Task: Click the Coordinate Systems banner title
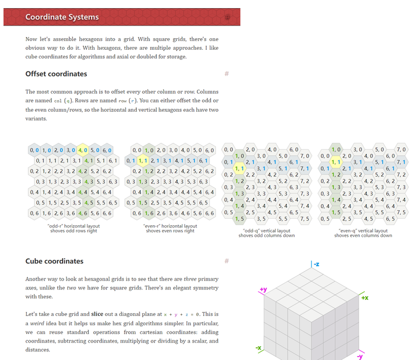coord(62,17)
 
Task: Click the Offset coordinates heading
coord(56,74)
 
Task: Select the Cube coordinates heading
coord(54,261)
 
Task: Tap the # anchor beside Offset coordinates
coord(226,74)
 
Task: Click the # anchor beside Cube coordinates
coord(226,261)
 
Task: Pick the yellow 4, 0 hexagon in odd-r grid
coord(83,150)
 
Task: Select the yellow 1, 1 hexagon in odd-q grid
coord(239,168)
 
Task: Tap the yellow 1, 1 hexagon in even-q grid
coord(336,162)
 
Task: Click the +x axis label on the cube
coord(364,297)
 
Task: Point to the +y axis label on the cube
coord(264,289)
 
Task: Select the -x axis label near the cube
coord(259,348)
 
